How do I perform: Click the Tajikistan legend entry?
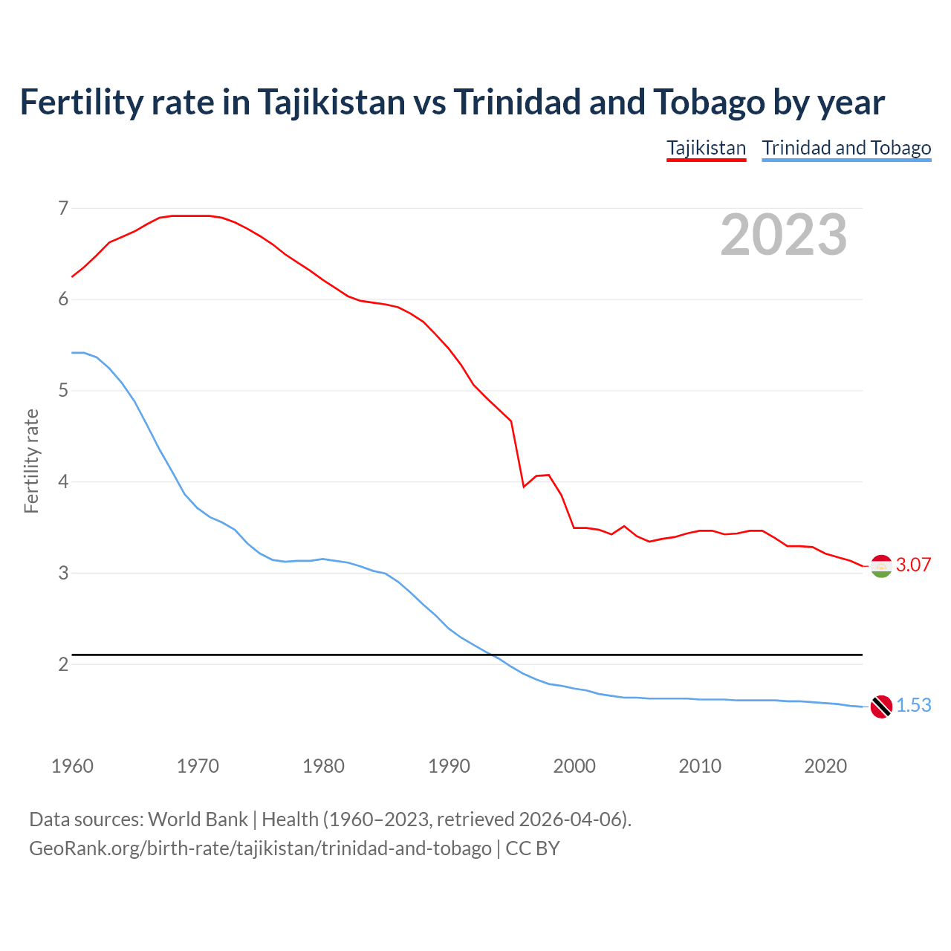tap(706, 148)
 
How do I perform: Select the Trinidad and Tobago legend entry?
tap(846, 148)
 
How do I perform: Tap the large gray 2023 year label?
tap(783, 235)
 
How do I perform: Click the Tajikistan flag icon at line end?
tap(881, 566)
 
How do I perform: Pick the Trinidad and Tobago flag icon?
tap(881, 707)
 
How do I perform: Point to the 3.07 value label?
tap(913, 565)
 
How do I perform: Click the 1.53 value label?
tap(913, 705)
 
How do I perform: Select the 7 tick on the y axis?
tap(63, 208)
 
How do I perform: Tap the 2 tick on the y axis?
tap(63, 664)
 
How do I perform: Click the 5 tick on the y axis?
tap(63, 390)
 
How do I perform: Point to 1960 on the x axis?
tap(72, 766)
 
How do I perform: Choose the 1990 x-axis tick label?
tap(449, 766)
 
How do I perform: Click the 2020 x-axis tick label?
tap(825, 766)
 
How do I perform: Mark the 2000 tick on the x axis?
tap(574, 766)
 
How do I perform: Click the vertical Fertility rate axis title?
tap(31, 461)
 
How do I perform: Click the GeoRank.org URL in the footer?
tap(260, 848)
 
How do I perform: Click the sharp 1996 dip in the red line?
tap(524, 487)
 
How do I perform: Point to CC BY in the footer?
tap(533, 848)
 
